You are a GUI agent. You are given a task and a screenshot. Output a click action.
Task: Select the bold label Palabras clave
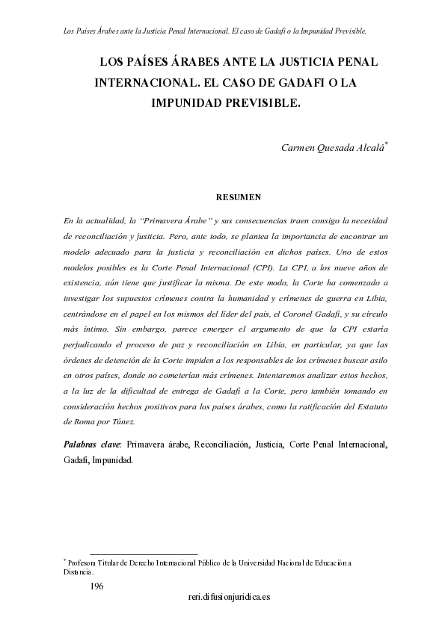pyautogui.click(x=93, y=445)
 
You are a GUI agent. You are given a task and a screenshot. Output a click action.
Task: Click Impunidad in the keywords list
pyautogui.click(x=112, y=460)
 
